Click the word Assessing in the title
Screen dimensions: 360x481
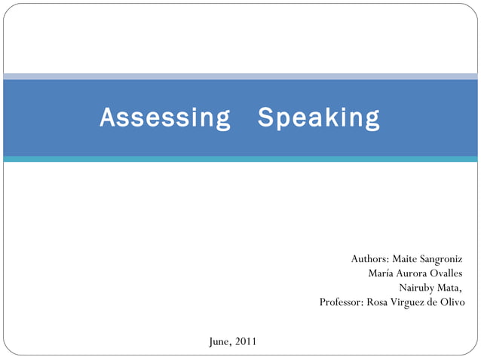[165, 118]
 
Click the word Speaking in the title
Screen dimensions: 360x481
[319, 118]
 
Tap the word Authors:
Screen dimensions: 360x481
[370, 259]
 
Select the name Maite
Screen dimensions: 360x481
[406, 259]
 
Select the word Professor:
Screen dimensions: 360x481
[342, 302]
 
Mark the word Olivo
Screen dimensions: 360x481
[452, 302]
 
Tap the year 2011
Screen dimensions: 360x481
[245, 342]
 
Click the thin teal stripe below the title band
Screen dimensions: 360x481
[240, 159]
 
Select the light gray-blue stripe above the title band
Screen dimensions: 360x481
[240, 76]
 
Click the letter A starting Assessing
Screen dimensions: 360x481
[106, 118]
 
